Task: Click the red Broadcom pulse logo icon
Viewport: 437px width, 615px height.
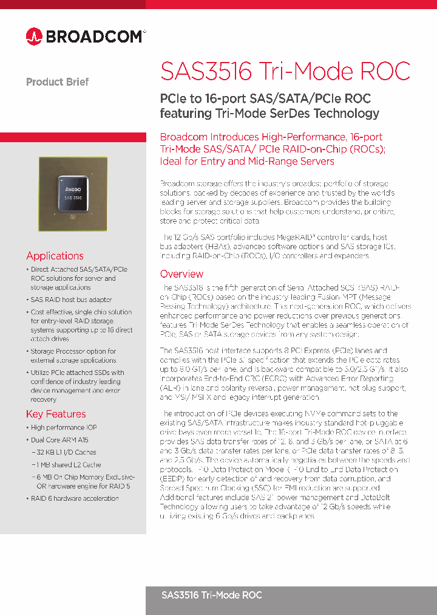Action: click(x=34, y=36)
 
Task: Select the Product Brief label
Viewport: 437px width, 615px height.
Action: click(x=57, y=82)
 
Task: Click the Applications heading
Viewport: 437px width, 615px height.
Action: click(x=55, y=256)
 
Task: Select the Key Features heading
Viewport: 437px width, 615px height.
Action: click(x=56, y=414)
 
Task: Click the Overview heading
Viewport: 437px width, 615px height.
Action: click(x=181, y=274)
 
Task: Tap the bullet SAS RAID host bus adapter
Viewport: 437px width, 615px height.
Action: click(x=71, y=300)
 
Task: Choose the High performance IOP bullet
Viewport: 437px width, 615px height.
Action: click(x=64, y=428)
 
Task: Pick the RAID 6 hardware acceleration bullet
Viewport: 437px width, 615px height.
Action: click(x=75, y=498)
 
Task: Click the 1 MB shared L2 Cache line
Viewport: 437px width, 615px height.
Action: click(x=69, y=465)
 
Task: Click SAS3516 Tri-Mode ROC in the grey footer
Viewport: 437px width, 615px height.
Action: click(x=211, y=595)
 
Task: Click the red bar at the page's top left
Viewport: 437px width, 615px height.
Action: click(x=73, y=4)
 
